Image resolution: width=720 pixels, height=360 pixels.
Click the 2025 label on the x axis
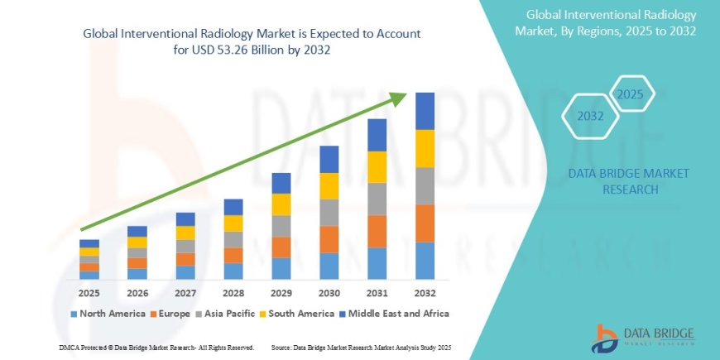point(89,293)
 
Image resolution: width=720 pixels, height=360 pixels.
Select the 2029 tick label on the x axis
point(281,293)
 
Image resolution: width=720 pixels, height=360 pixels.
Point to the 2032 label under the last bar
point(425,293)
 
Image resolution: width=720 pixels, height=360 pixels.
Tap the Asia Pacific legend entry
point(225,314)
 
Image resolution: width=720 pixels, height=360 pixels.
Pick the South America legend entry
point(295,314)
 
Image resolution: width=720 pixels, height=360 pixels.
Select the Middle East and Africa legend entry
point(397,314)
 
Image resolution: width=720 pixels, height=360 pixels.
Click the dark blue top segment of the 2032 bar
point(425,111)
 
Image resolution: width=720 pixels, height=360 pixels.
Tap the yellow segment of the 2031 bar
point(377,167)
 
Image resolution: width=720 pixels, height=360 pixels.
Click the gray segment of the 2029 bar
point(281,226)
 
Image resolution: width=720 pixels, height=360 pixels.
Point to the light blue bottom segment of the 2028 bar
point(233,271)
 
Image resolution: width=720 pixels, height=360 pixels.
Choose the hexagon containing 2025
point(630,94)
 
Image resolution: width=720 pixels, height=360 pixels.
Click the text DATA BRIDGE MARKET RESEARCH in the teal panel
point(625,181)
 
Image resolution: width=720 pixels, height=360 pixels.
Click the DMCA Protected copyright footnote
point(156,347)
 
